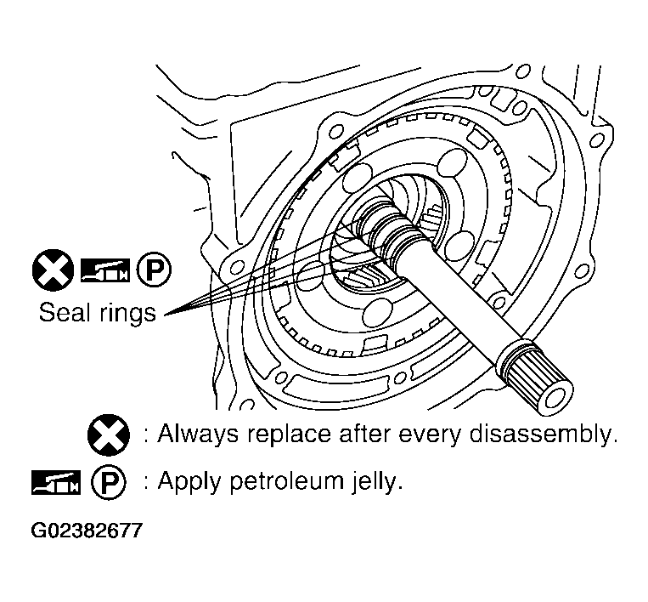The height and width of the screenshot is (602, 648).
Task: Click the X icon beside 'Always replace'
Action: coord(109,435)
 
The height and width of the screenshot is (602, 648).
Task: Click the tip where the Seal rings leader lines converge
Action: coord(164,316)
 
